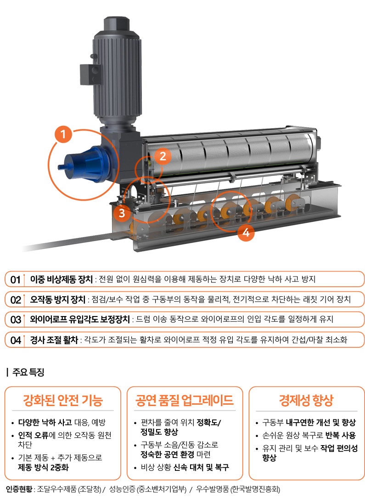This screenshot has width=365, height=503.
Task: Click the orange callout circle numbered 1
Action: pos(63,134)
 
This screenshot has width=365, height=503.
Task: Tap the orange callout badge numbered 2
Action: pos(163,156)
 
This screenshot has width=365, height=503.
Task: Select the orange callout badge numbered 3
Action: pos(122,213)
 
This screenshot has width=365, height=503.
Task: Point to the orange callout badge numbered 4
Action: pos(246,232)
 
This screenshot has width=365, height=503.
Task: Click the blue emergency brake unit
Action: pos(85,164)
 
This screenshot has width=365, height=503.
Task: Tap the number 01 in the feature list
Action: pos(16,279)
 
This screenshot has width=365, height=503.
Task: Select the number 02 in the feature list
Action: pos(16,300)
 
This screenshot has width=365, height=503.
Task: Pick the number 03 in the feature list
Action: pos(16,320)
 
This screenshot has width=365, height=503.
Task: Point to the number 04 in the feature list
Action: pos(16,340)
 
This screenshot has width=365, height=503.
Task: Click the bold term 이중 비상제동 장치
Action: pos(61,279)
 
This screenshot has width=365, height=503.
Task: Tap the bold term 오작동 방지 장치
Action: pos(58,300)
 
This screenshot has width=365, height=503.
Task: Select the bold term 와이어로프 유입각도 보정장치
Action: pos(80,320)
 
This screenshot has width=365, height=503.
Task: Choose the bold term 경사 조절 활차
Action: pos(54,340)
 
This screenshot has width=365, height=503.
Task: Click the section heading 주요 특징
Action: pos(28,372)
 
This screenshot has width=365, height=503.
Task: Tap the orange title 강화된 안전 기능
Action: pos(63,401)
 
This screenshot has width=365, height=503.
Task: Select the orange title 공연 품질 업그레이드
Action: pos(185,401)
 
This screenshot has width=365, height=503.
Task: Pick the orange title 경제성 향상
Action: pos(306,401)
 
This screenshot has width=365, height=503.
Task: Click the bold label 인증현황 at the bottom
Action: pos(19,489)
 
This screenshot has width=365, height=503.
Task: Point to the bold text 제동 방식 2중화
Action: pos(43,467)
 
